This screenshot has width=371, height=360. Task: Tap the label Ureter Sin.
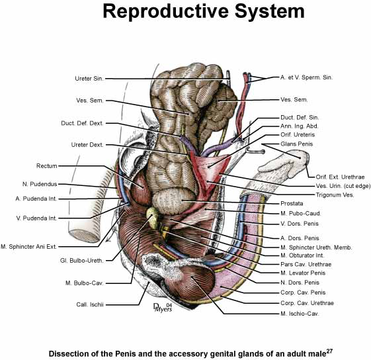coord(89,78)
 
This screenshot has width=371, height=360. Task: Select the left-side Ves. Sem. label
coord(90,101)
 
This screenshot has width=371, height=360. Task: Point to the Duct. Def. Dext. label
coord(82,123)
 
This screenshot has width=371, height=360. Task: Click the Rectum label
coord(46,166)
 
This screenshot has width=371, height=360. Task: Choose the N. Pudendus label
coord(40,184)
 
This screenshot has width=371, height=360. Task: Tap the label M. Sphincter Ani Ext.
coord(28,247)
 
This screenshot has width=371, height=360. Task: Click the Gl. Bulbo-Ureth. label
coord(81,261)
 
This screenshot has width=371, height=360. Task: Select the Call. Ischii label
coord(90,304)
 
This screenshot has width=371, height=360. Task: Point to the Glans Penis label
coord(296,144)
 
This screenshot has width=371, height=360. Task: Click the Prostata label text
coord(292,203)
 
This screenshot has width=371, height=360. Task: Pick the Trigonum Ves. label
coord(335,195)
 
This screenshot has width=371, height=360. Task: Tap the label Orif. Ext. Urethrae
coord(340,177)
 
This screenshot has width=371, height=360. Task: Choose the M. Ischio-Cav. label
coord(300,314)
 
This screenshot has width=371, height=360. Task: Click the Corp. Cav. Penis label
coord(303,292)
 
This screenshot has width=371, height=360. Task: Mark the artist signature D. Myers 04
coord(163,308)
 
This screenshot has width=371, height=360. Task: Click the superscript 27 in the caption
coord(329,351)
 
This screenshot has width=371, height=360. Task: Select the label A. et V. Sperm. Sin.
coord(306,77)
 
